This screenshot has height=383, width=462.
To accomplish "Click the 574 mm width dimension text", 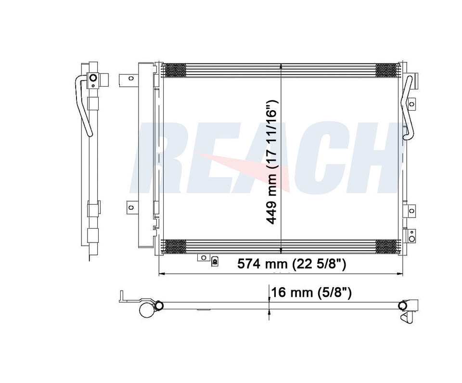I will coord(292,264).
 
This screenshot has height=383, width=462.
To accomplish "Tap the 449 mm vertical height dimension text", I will coord(272,162).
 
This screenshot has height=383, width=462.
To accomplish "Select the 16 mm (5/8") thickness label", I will coord(311,292).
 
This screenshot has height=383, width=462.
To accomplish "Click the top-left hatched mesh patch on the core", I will coord(175,70).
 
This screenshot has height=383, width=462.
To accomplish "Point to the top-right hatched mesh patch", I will coord(387,70).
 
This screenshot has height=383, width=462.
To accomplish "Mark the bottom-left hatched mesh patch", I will coord(175,247).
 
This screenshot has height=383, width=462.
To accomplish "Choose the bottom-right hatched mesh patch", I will coord(387,247).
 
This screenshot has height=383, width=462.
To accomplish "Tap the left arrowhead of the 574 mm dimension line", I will coord(161,274).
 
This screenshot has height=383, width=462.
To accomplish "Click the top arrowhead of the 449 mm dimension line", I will coord(281,66).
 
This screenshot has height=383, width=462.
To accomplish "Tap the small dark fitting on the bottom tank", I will coord(215,261).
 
